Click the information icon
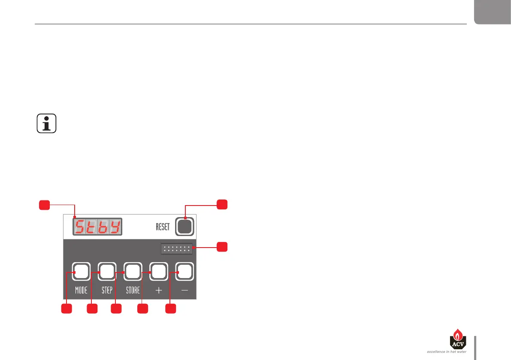pos(47,124)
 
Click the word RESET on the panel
pos(163,227)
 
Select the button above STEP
pos(107,271)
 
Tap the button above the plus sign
pos(158,271)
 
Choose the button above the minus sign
pos(184,271)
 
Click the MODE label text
pos(81,290)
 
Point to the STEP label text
pos(107,290)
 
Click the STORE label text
pos(133,290)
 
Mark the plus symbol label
pos(158,290)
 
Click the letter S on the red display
pos(79,227)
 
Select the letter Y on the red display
pos(114,227)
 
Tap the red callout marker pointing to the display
pos(44,205)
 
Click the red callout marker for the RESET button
pos(222,205)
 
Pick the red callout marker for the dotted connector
pos(222,247)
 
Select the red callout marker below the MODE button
pos(66,309)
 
